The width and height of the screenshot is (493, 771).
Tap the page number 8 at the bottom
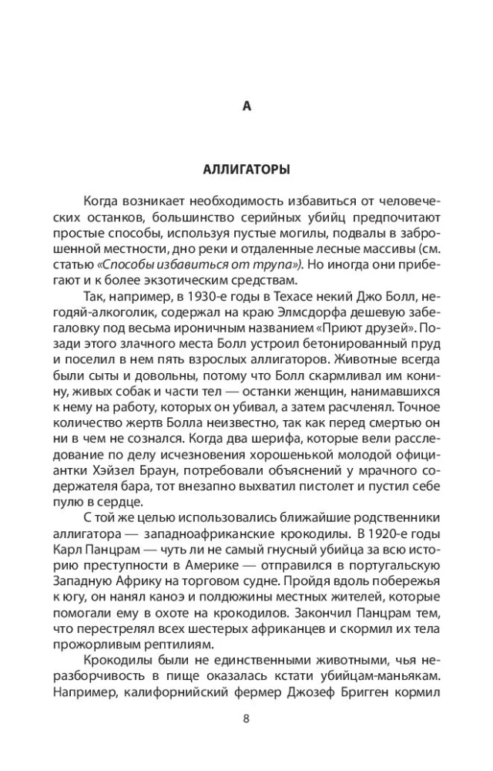[x=246, y=719]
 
